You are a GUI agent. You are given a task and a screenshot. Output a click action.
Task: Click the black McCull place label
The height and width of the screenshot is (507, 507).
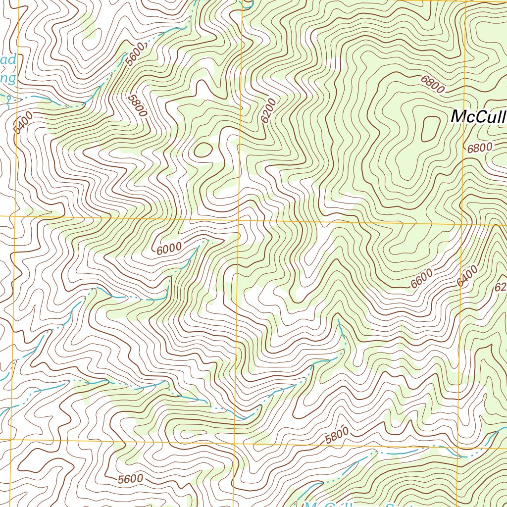(478, 117)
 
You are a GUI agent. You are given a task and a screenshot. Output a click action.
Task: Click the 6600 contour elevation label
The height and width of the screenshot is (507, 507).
(422, 279)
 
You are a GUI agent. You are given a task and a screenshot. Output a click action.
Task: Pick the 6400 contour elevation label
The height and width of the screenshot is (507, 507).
(467, 276)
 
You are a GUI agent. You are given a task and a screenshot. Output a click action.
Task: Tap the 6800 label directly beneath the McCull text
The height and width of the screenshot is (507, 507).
(480, 147)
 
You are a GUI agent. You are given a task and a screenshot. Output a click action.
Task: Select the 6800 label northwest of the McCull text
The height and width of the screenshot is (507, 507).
(432, 85)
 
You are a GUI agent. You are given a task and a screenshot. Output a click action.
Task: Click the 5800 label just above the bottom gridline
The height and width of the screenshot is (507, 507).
(337, 435)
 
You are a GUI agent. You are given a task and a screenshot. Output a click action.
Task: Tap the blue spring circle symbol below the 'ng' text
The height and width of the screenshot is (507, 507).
(8, 101)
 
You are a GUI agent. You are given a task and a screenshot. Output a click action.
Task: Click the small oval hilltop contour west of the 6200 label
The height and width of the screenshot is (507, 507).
(203, 149)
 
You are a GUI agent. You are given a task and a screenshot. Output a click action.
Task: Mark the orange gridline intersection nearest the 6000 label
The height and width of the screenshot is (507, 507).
(240, 218)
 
